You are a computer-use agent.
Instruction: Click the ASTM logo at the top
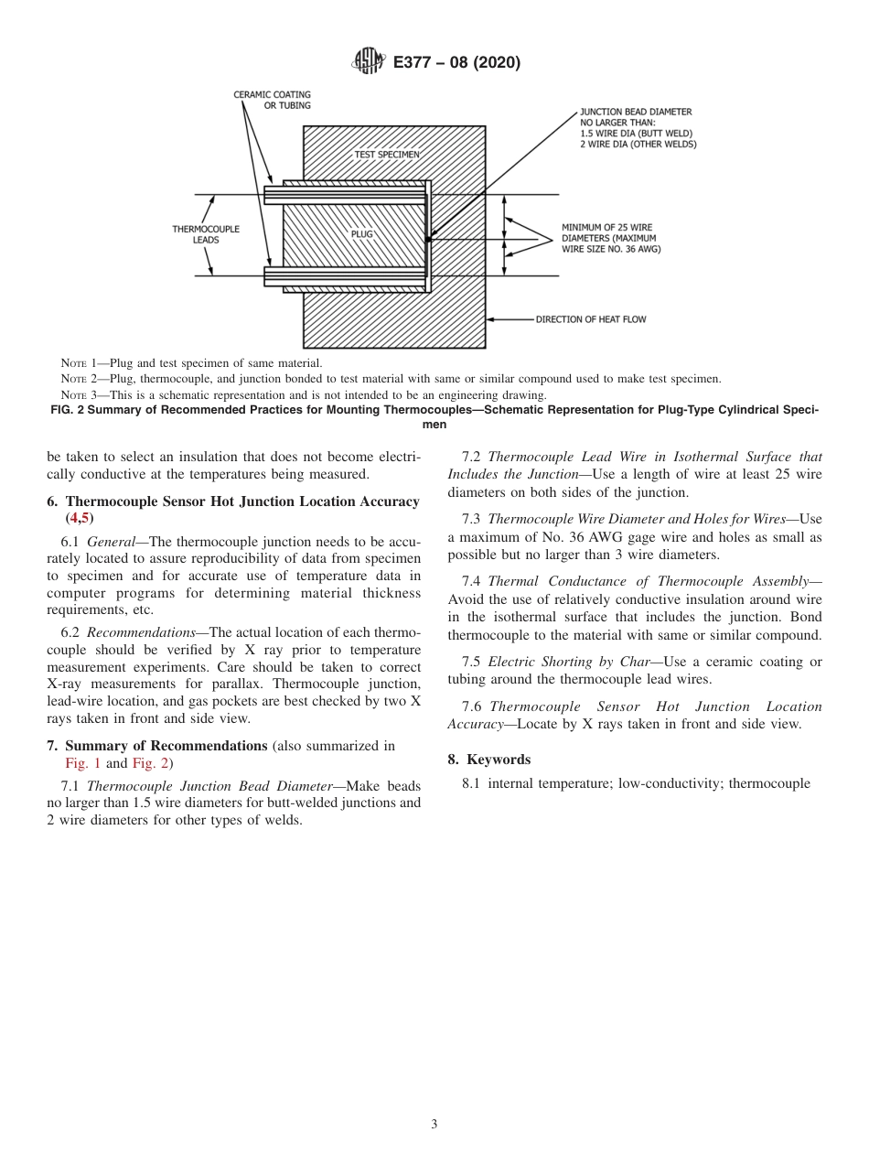(369, 62)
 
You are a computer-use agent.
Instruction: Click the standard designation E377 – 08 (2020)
(456, 62)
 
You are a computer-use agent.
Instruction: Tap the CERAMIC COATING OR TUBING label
(272, 100)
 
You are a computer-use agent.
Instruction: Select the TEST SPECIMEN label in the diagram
(387, 155)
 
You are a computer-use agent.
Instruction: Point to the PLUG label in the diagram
(362, 234)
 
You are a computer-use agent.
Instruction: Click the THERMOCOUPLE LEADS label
(205, 234)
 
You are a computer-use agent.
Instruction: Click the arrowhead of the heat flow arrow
(491, 319)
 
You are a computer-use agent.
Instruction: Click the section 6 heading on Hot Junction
(233, 501)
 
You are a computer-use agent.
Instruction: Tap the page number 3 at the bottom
(434, 1125)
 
